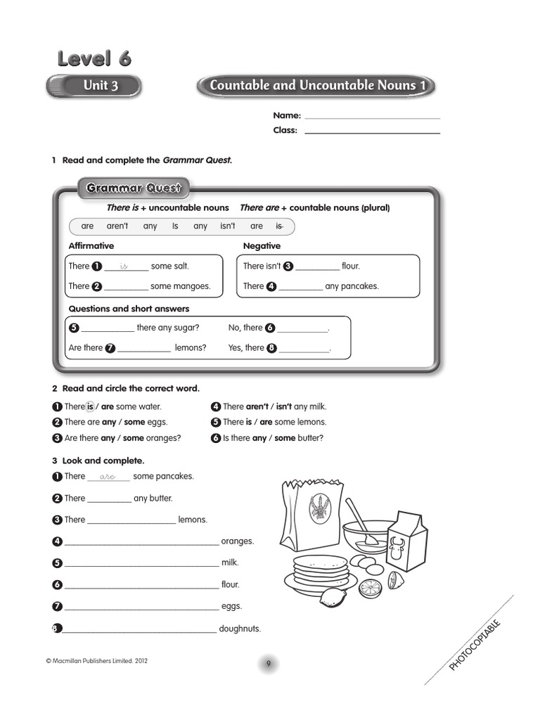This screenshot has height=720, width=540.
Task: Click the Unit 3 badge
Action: point(94,86)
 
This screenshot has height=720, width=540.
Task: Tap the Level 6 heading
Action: point(94,58)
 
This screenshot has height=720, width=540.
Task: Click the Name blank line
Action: point(372,117)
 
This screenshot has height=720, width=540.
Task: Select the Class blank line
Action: point(372,131)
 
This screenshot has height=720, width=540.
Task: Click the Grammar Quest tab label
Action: point(134,188)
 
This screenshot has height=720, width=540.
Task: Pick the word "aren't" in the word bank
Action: point(117,226)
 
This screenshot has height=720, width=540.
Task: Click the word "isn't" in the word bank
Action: point(228,226)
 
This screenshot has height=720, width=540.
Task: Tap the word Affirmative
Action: point(91,246)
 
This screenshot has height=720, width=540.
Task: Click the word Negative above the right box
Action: point(262,246)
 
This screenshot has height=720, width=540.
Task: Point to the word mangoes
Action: point(192,286)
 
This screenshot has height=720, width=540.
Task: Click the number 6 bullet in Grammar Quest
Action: point(270,328)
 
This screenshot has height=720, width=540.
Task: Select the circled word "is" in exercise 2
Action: point(90,406)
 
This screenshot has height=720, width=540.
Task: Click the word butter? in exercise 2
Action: point(310,438)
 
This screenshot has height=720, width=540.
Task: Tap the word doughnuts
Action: point(240,629)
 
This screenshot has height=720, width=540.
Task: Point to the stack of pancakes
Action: point(320,569)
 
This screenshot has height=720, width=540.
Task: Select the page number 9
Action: point(268,664)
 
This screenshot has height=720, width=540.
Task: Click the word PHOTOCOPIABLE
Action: point(475,644)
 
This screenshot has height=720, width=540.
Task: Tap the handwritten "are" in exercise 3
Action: point(108,477)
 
